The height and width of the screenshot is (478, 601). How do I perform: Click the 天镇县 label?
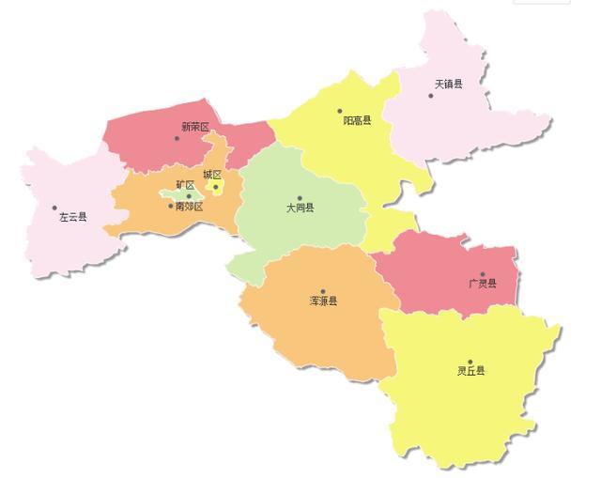[448, 84]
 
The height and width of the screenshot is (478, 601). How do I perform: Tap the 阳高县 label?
[357, 120]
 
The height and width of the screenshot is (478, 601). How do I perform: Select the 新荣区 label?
[194, 127]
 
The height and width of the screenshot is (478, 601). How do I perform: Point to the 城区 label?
[212, 175]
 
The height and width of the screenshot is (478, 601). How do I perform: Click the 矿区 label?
[185, 185]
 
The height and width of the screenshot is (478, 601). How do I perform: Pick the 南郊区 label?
[189, 207]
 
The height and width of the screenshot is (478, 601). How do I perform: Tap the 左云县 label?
[72, 217]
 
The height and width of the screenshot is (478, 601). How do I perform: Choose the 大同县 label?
[300, 208]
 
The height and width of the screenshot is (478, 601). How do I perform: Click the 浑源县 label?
[323, 301]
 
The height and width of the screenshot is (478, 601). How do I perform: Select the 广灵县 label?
[483, 284]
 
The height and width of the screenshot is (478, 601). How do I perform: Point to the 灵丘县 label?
[471, 371]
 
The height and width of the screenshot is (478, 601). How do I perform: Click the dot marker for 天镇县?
[431, 95]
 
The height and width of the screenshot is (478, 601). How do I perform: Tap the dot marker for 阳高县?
[341, 110]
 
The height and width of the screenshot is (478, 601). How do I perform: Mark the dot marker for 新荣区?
[177, 138]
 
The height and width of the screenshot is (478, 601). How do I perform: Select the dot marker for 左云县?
[54, 208]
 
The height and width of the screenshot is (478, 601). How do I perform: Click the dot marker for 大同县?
[300, 198]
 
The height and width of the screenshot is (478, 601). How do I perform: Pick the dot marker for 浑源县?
[323, 291]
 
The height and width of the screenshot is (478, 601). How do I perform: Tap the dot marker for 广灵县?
[483, 274]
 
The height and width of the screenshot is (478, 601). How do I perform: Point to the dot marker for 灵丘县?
[470, 361]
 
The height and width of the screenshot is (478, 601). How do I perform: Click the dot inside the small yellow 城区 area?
[215, 187]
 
